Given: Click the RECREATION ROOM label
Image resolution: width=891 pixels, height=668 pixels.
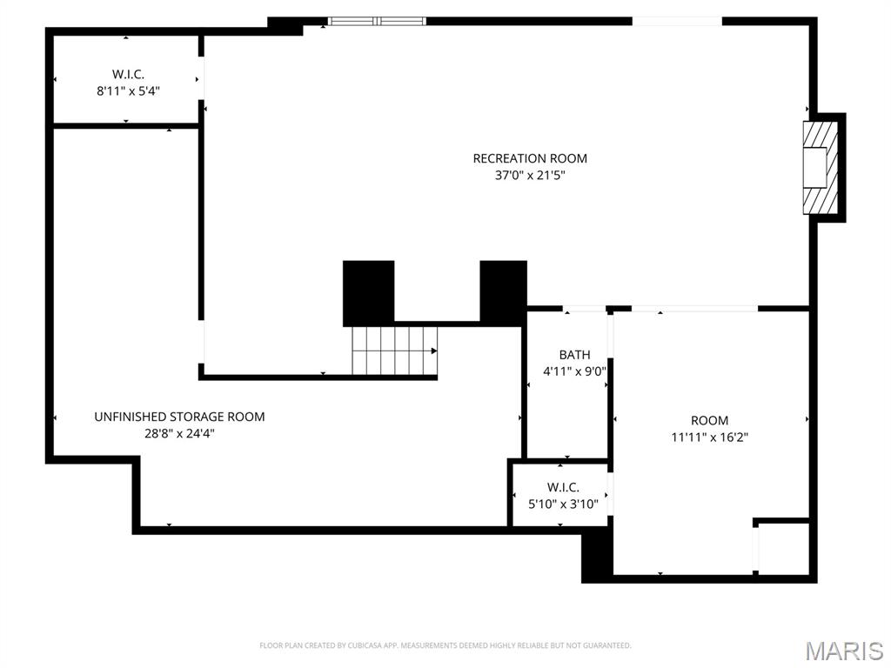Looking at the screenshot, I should coord(530,158).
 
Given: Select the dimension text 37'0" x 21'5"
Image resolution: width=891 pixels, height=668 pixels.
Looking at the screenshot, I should coord(530,175).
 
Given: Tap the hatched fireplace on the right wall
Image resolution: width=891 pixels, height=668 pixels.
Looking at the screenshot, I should coord(820,167).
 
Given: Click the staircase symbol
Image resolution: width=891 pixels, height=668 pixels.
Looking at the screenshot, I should coord(393,351).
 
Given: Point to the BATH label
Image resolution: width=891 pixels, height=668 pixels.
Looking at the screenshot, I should coord(574,355).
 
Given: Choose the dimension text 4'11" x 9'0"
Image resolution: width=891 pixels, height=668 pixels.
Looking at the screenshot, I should coord(574,371).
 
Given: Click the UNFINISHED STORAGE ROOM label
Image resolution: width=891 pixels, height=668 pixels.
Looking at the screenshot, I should coord(179,417).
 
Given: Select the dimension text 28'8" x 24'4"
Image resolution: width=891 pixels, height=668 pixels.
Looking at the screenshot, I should coord(179,433).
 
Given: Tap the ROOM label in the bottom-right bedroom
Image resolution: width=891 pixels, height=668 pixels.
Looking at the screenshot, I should coord(710,420).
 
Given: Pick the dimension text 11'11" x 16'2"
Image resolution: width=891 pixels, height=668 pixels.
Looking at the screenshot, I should coord(710,438).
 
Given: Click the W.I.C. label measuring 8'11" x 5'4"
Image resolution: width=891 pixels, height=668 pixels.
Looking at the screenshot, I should coord(128,74).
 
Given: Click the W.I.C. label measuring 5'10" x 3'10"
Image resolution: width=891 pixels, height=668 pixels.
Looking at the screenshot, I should coord(563,487).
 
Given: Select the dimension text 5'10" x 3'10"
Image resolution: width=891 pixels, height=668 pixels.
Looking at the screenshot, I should coord(563,503).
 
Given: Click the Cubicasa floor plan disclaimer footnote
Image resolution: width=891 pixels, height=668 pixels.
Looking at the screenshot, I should coord(445,645).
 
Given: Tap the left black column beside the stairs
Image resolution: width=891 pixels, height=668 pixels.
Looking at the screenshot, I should coord(368,292).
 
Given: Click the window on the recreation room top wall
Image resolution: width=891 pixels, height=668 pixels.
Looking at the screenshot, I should coord(377,21).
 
